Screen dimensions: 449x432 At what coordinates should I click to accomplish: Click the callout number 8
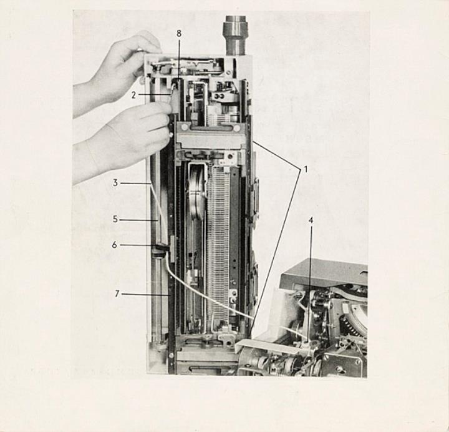(179, 34)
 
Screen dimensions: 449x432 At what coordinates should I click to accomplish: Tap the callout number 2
(133, 95)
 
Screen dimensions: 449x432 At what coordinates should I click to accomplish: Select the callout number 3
(115, 183)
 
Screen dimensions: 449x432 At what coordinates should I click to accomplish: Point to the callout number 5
(115, 219)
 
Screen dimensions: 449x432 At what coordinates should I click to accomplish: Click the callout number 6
(115, 245)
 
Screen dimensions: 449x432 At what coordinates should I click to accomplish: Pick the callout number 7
(117, 294)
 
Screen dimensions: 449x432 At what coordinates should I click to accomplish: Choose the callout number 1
(306, 169)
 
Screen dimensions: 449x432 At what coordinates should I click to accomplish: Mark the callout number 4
(311, 220)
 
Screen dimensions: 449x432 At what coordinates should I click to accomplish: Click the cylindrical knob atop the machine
(235, 36)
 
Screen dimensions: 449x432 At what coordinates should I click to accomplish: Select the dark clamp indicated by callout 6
(160, 250)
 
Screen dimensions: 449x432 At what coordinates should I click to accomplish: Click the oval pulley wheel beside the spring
(198, 193)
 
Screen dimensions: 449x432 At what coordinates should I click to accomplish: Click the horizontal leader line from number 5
(139, 220)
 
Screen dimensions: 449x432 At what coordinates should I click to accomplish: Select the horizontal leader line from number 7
(146, 294)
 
